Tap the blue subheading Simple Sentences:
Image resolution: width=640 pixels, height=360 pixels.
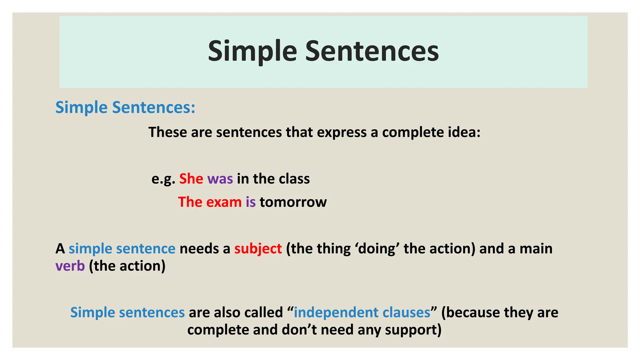click(125, 107)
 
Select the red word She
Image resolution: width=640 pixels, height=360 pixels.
click(191, 179)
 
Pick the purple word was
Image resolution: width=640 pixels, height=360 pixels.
click(220, 179)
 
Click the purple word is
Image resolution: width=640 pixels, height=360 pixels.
click(251, 202)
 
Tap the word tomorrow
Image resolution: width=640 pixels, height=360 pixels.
click(293, 202)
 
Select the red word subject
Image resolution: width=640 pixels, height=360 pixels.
click(258, 249)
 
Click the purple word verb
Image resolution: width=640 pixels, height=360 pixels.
click(70, 266)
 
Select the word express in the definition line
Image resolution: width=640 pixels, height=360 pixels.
click(342, 132)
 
